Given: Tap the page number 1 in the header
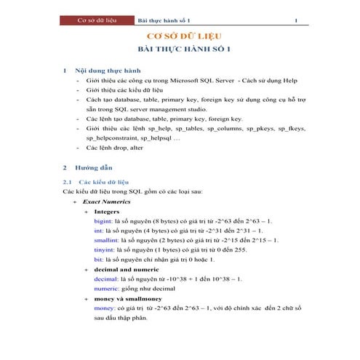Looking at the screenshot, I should point(296,20).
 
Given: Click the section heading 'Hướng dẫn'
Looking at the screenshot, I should point(95,167).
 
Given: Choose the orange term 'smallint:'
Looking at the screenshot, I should point(107,239).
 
